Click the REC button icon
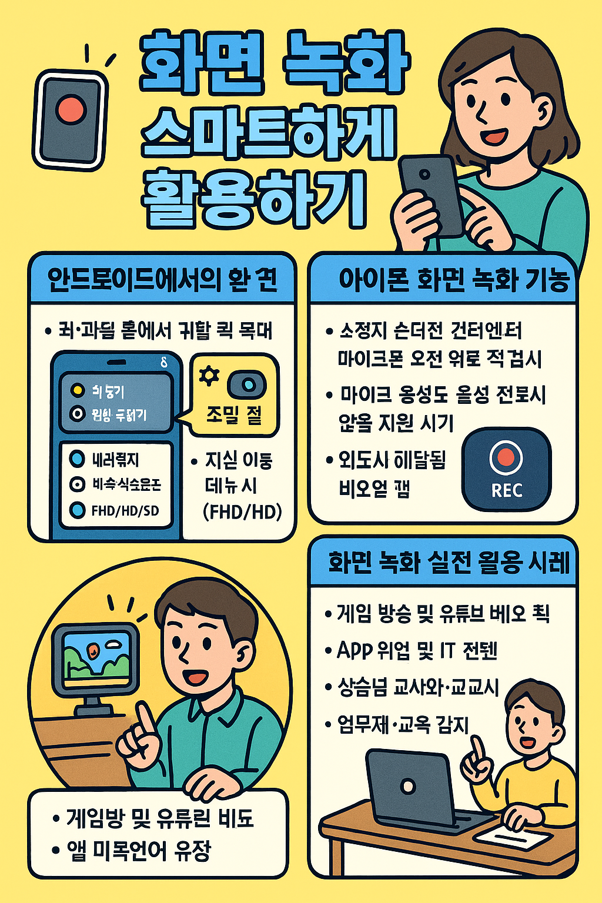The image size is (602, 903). (506, 469)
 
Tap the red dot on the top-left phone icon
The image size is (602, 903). (71, 109)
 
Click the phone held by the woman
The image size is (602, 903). (432, 195)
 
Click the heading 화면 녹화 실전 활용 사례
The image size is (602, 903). (449, 563)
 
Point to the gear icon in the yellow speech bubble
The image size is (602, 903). (209, 376)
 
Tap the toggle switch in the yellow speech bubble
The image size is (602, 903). (247, 384)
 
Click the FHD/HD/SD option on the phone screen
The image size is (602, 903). (125, 510)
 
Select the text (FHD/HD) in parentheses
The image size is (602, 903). (242, 511)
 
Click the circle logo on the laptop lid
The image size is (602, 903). (407, 785)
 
